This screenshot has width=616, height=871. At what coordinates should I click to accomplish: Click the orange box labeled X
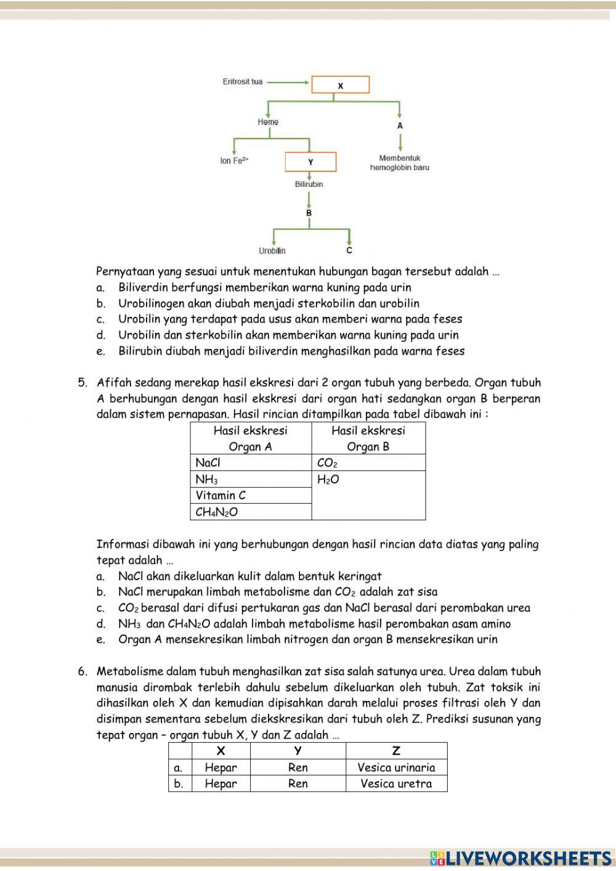(340, 85)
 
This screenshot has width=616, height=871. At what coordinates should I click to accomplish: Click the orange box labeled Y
(310, 162)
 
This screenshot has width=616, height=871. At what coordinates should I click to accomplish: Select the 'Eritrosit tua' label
(242, 81)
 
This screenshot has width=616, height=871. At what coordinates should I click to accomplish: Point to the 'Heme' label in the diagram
(268, 122)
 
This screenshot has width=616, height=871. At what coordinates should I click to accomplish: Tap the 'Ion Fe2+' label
(234, 161)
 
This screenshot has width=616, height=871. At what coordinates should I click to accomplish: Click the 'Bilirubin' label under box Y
(309, 184)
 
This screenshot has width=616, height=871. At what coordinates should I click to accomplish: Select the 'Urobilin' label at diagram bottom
(272, 251)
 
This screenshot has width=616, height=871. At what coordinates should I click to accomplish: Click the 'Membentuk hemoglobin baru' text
(400, 163)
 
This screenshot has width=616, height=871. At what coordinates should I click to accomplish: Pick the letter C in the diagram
(349, 251)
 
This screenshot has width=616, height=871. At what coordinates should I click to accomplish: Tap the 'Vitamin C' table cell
(251, 496)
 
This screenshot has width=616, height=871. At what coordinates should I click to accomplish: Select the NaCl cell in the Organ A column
(251, 463)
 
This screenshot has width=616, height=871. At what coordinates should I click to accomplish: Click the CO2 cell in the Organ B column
(368, 463)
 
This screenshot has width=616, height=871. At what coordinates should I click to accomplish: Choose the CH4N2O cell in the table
(251, 512)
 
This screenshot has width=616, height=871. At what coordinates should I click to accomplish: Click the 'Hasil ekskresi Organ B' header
(368, 438)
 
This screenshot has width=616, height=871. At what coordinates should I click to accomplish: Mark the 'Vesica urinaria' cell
(396, 767)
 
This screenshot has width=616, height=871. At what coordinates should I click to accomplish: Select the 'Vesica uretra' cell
(396, 783)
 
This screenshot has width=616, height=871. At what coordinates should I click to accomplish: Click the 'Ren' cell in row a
(298, 767)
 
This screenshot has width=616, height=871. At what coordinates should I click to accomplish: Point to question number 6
(83, 671)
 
